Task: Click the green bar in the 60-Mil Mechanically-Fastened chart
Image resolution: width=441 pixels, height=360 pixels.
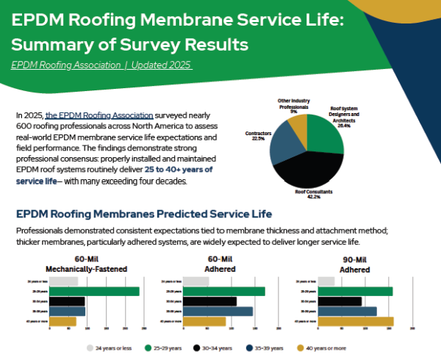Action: coord(95,292)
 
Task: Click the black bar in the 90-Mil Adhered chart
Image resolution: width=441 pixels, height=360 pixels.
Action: coord(328,301)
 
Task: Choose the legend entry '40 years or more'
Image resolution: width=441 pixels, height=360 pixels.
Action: coord(324,348)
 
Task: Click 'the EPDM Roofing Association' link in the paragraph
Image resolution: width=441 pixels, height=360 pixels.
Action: coord(99,116)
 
